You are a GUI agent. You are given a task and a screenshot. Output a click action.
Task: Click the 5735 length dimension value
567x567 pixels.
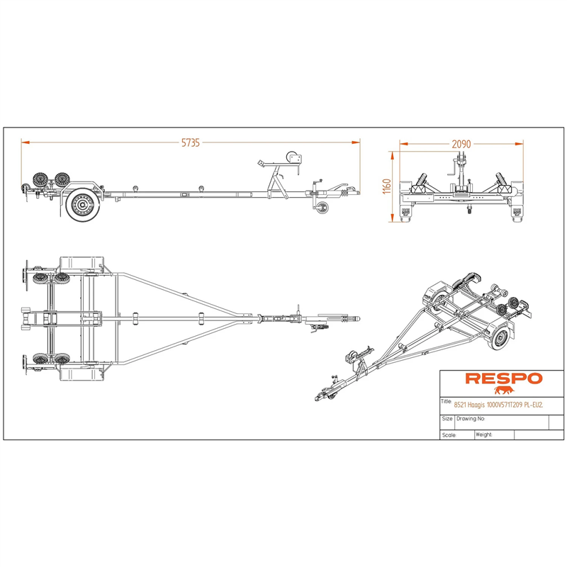(191, 143)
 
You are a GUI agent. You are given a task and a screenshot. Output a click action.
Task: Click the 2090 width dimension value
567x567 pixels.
(461, 145)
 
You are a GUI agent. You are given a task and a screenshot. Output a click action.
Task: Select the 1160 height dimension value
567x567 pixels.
(386, 186)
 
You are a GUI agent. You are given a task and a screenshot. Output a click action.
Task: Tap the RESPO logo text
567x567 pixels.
(504, 378)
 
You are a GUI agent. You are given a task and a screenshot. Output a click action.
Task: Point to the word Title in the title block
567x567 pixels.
(447, 401)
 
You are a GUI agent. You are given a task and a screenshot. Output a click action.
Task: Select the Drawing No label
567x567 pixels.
(471, 419)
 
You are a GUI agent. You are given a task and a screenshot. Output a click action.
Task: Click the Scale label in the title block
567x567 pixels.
(449, 435)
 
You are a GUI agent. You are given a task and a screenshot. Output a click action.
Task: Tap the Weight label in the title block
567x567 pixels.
(484, 434)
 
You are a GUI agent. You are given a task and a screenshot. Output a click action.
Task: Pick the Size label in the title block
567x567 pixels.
(447, 419)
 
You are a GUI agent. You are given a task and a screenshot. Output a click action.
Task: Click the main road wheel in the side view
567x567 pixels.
(82, 206)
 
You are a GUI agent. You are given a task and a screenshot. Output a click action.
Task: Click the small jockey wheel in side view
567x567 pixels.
(320, 208)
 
